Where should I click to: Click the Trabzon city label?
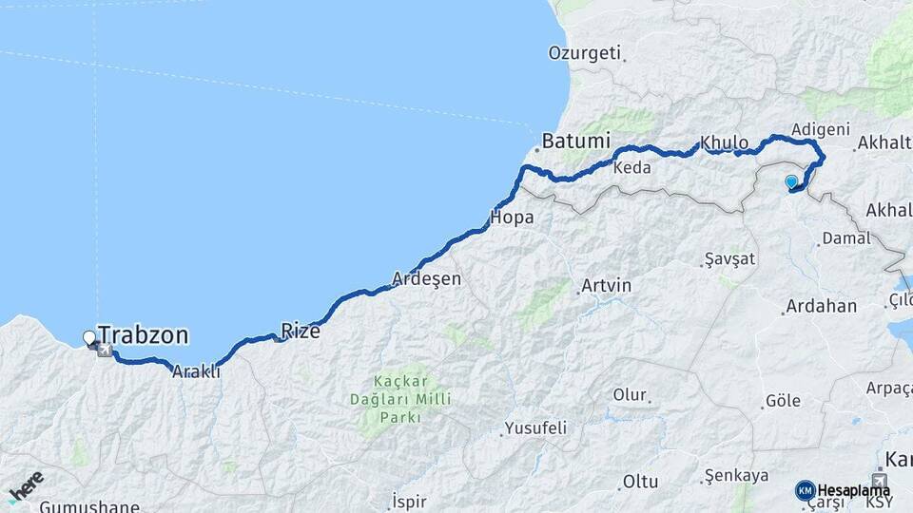coord(143,335)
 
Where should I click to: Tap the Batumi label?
coord(575,142)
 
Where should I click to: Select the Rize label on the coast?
coord(301,332)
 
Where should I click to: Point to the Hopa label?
coord(511,218)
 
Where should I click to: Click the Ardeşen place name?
coord(426,279)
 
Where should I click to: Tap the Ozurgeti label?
coord(584,53)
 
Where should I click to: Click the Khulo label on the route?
coord(725,143)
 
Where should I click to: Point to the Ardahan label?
coord(820,307)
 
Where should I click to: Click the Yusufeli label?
coord(535,428)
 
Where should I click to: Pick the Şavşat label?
coord(729,259)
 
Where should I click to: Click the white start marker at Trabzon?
coord(89,337)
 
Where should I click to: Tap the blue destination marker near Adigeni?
coord(790,181)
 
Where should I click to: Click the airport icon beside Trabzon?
coord(104,351)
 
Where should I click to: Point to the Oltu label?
coord(640,483)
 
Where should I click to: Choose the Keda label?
coord(632,168)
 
